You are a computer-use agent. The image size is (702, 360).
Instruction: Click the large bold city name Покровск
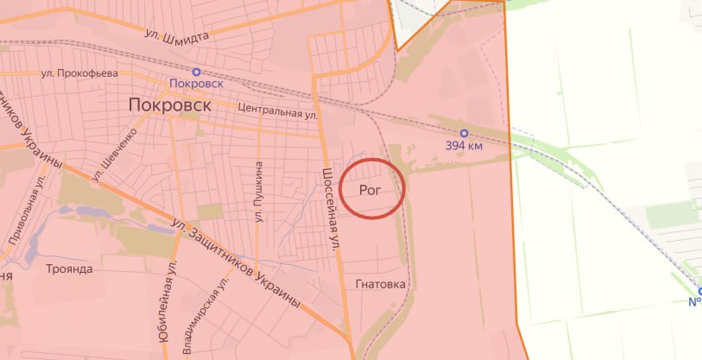coord(170,104)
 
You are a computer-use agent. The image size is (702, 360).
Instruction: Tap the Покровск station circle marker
coord(196,72)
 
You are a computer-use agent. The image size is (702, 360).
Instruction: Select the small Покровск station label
coord(197,84)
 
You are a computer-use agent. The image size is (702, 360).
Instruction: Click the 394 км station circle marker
coord(464,133)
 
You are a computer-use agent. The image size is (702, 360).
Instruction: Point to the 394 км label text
coord(464,146)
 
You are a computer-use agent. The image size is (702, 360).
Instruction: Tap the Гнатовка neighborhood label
coord(380,283)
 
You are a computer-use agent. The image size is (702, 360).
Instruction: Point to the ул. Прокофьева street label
coord(79,73)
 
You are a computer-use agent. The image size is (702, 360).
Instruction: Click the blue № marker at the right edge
coord(695,301)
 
